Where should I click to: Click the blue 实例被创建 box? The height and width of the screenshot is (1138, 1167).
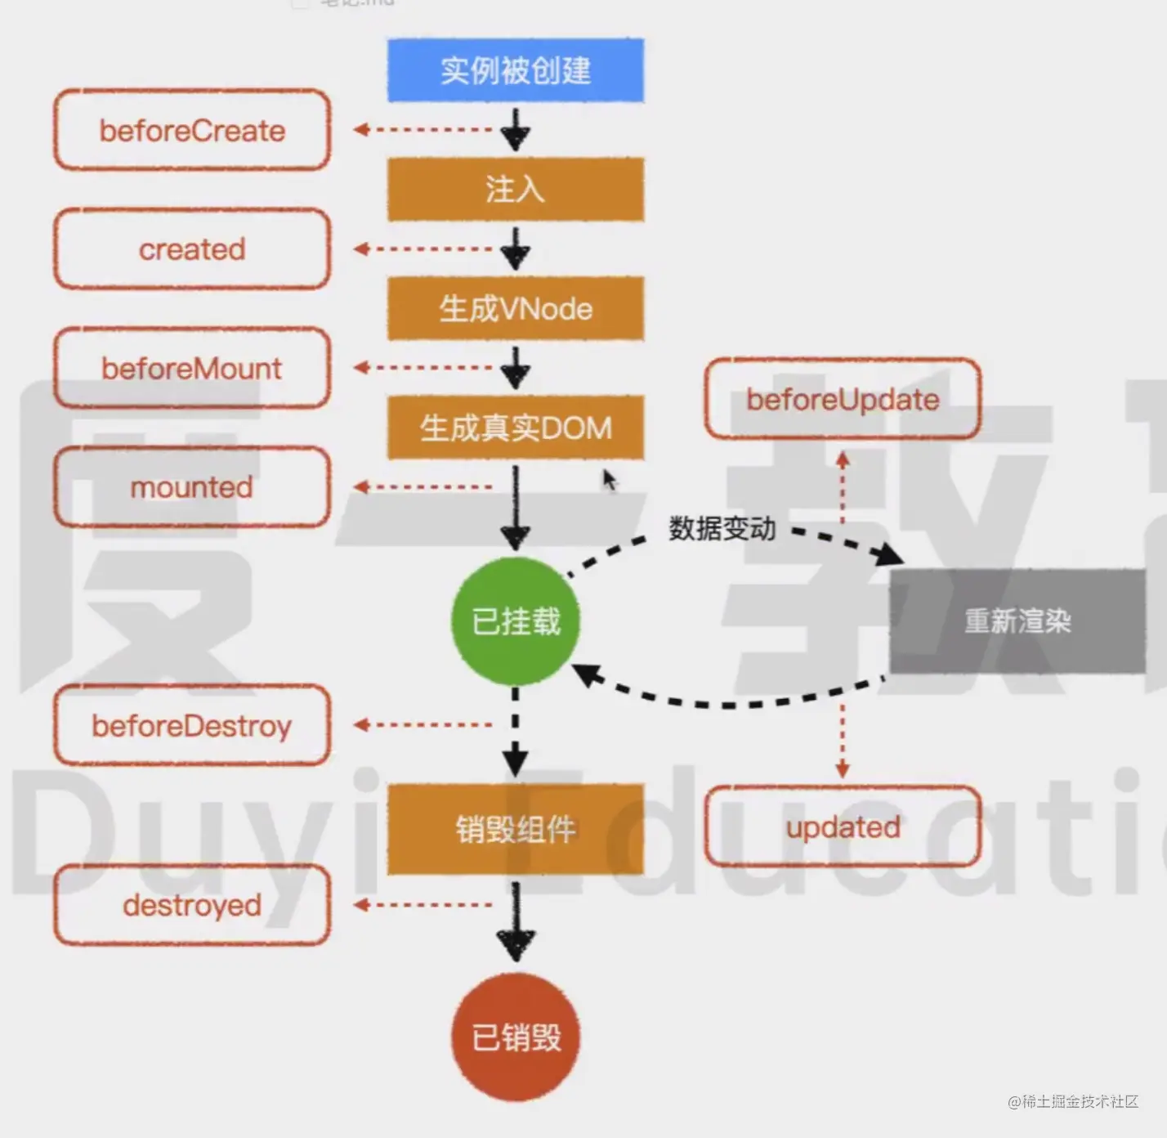tap(516, 70)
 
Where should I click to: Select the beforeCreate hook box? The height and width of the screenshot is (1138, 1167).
tap(192, 131)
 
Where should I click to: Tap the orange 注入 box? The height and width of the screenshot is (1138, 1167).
tap(516, 190)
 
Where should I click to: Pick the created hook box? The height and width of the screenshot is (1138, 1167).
tap(192, 249)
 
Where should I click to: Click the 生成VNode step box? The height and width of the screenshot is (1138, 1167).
tap(516, 309)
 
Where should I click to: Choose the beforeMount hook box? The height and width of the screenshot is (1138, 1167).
tap(192, 368)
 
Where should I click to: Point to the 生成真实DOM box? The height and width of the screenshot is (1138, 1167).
tap(516, 428)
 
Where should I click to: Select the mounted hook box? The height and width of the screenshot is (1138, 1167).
tap(192, 487)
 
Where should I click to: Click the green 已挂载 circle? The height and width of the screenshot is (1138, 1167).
tap(516, 621)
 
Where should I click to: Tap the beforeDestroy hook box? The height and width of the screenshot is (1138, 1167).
tap(192, 726)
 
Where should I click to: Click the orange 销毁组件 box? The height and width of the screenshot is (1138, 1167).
tap(516, 830)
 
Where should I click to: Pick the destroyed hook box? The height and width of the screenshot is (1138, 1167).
tap(192, 905)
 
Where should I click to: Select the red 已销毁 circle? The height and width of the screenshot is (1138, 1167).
tap(516, 1037)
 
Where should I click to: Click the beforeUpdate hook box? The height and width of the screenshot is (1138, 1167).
tap(843, 400)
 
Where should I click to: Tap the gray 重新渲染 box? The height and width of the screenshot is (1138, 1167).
tap(1017, 621)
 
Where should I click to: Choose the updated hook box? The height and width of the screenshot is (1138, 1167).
tap(843, 827)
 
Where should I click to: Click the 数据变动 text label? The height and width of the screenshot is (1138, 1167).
tap(722, 529)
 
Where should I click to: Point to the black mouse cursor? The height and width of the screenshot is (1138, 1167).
tap(609, 480)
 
